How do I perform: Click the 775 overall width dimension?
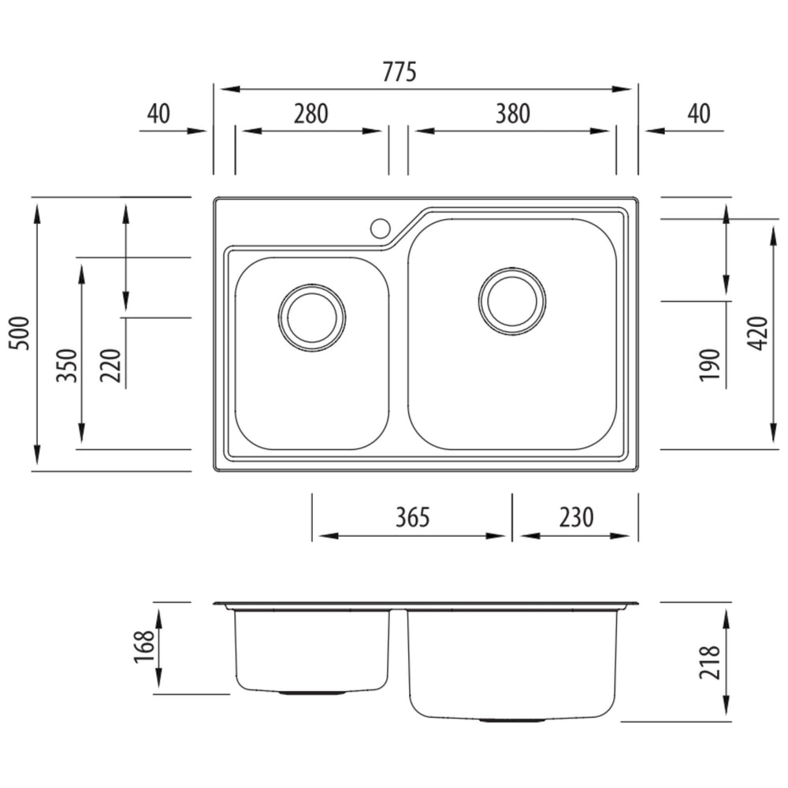pos(400,72)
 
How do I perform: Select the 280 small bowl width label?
pos(311,114)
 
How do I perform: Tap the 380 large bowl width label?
pos(513,114)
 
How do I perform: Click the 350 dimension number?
pos(67,366)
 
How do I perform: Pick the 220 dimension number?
pos(111,366)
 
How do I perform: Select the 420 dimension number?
pos(757,333)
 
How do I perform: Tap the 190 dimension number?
pos(710,365)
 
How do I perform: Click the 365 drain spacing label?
pos(413,517)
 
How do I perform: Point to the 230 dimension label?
pos(577,517)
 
